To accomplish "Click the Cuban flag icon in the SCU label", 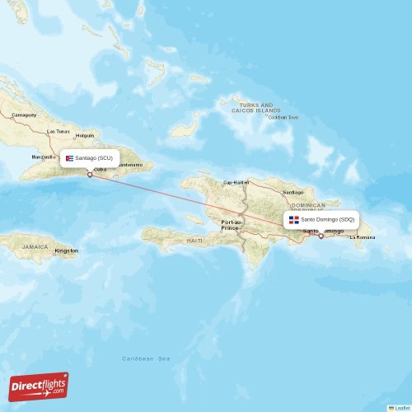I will click(x=71, y=157).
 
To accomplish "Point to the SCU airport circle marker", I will click(x=90, y=175).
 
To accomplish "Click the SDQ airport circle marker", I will click(x=321, y=236).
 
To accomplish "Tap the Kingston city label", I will click(x=66, y=250).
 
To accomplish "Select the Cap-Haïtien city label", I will click(x=236, y=183).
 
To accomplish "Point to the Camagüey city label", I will click(x=24, y=115).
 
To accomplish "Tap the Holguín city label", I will click(x=85, y=135).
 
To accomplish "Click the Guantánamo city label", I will click(x=135, y=165).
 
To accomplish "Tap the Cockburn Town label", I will click(x=283, y=118).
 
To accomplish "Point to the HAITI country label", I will click(x=195, y=240).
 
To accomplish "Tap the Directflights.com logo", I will click(x=39, y=386).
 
